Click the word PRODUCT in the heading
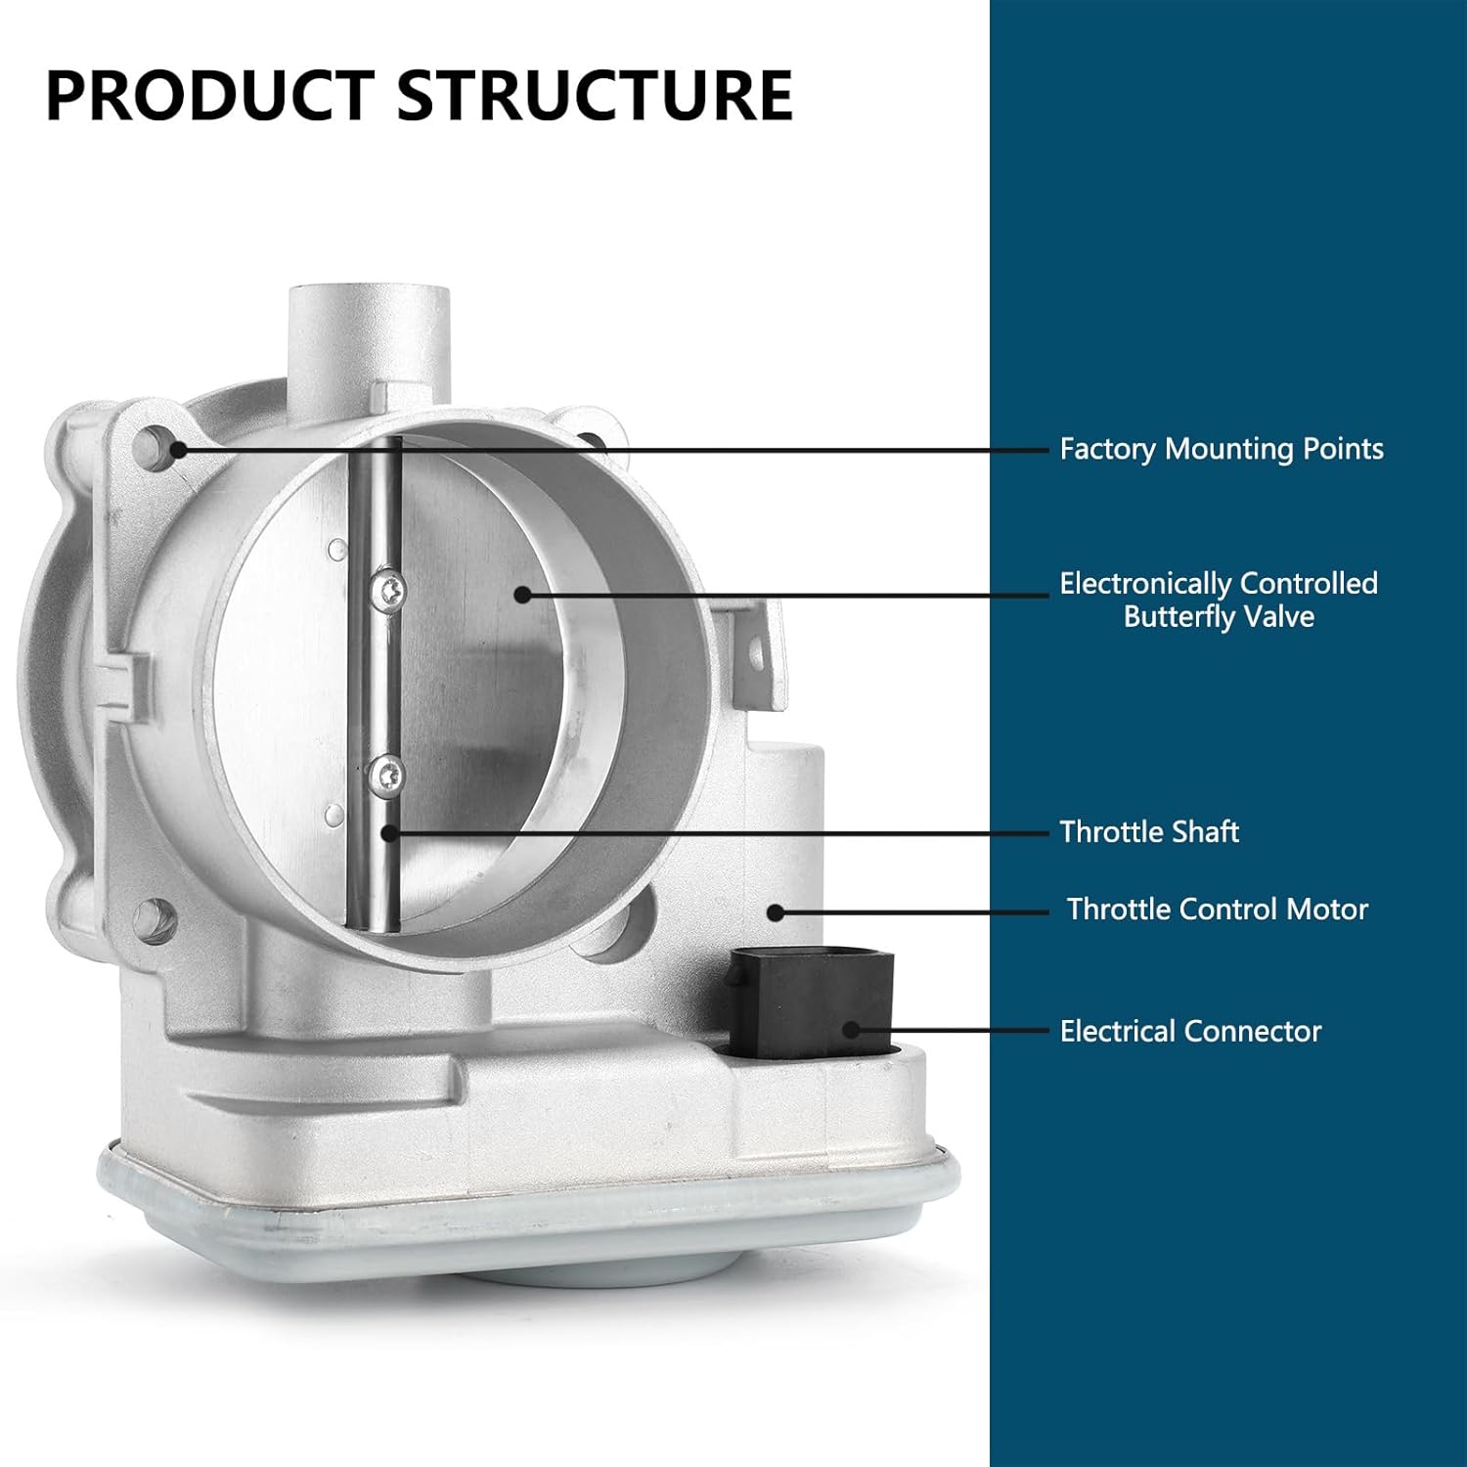pos(210,95)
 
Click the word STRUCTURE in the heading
pos(595,95)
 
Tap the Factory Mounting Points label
pos(1222,449)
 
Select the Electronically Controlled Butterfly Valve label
pos(1219,600)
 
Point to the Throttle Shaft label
pos(1149,831)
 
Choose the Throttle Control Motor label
pos(1217,909)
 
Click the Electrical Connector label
pos(1190,1031)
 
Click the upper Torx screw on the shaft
pos(388,590)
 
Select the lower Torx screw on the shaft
pos(388,775)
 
